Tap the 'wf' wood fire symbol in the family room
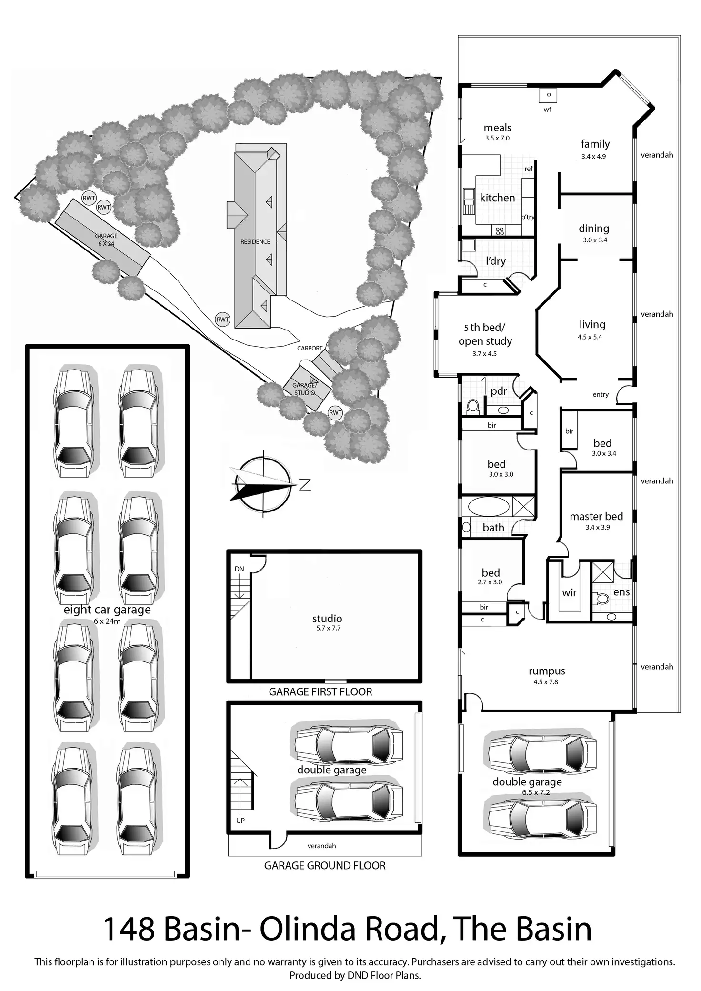(548, 95)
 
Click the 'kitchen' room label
(497, 198)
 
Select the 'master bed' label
(596, 517)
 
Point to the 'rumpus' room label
(547, 671)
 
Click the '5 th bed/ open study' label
(485, 334)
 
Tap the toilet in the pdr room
(473, 406)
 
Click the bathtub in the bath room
(489, 506)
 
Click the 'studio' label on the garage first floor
(327, 619)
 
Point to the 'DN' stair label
(239, 569)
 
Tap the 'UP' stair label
(240, 821)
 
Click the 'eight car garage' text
(107, 610)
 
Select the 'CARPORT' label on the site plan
(310, 348)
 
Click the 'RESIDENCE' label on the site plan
(255, 242)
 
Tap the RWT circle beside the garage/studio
(335, 413)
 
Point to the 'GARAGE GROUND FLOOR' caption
(325, 866)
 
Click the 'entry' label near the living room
(601, 394)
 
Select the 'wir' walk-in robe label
(569, 593)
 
